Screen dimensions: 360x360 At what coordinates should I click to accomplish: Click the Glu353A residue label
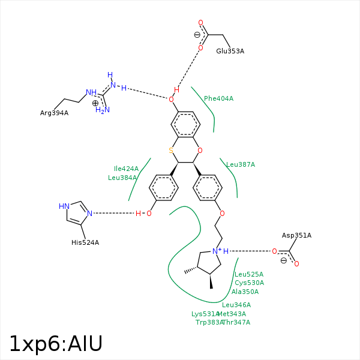click(230, 51)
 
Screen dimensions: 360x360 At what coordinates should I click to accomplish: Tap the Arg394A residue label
click(54, 113)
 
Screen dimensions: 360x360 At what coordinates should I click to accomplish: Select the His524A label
click(85, 242)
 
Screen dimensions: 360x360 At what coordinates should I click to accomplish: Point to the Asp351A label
click(296, 235)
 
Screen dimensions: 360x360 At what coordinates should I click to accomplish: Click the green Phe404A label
click(218, 98)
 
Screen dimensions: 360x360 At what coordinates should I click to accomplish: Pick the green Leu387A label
click(241, 164)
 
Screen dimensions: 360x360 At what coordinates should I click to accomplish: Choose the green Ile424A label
click(126, 169)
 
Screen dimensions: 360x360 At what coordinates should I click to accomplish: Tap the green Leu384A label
click(122, 178)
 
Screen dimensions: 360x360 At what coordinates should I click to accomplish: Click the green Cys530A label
click(249, 283)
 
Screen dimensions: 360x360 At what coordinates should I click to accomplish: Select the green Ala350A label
click(245, 292)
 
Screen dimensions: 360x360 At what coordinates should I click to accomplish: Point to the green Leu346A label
click(236, 305)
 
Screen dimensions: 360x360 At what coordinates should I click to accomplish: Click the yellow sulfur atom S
click(171, 150)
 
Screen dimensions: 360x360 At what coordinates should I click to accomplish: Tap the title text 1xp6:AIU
click(56, 343)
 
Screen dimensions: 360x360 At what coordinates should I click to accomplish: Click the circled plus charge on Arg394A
click(95, 103)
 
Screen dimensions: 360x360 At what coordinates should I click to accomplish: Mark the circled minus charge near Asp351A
click(283, 260)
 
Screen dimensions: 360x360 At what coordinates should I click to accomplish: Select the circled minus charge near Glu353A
click(197, 35)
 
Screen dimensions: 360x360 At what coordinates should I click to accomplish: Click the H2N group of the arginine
click(103, 110)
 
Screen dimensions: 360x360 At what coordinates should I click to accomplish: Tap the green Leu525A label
click(248, 274)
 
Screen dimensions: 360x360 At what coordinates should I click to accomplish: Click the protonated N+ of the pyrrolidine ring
click(215, 251)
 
